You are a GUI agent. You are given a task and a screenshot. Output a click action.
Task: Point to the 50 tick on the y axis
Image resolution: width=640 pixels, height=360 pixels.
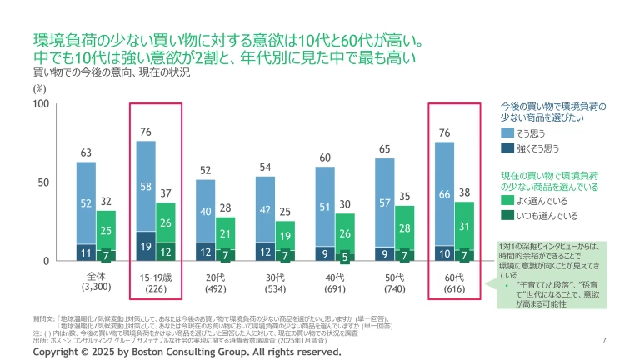coord(43,182)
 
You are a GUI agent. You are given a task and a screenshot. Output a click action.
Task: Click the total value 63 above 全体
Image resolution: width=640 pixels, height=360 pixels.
coord(86,152)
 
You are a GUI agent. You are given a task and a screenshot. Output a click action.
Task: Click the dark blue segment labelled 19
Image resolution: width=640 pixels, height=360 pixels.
coord(146,247)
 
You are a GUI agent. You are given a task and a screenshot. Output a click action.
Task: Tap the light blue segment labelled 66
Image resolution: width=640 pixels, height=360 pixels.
coord(445,194)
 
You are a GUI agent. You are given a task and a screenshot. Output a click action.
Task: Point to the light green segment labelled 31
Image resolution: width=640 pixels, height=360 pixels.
coord(465,226)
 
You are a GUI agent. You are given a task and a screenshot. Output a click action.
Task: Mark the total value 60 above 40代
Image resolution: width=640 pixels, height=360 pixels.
coord(325,157)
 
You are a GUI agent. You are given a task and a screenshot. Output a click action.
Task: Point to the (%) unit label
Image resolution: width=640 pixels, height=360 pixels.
coord(39,87)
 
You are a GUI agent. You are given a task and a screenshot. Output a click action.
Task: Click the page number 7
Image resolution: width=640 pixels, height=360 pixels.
coord(603,340)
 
